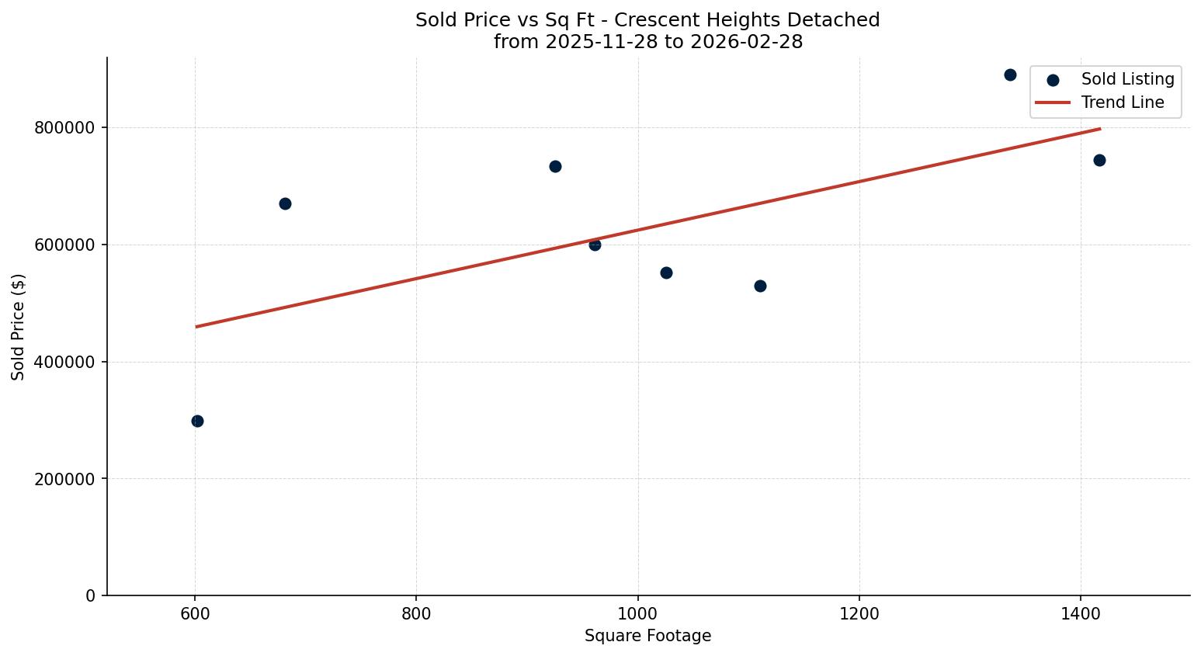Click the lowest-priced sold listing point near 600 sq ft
(x=197, y=421)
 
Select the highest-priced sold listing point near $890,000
(x=1010, y=75)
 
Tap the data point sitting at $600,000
(x=595, y=245)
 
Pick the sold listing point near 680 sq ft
(x=285, y=203)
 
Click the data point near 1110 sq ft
(x=760, y=286)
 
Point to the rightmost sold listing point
(x=1099, y=160)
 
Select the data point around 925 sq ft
(x=555, y=166)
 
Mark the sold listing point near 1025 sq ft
(x=666, y=272)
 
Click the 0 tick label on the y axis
(x=91, y=596)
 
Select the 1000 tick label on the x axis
(x=637, y=613)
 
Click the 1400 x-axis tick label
(x=1080, y=613)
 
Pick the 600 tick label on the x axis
(x=195, y=613)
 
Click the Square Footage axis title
(x=647, y=637)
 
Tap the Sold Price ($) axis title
(x=19, y=327)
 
